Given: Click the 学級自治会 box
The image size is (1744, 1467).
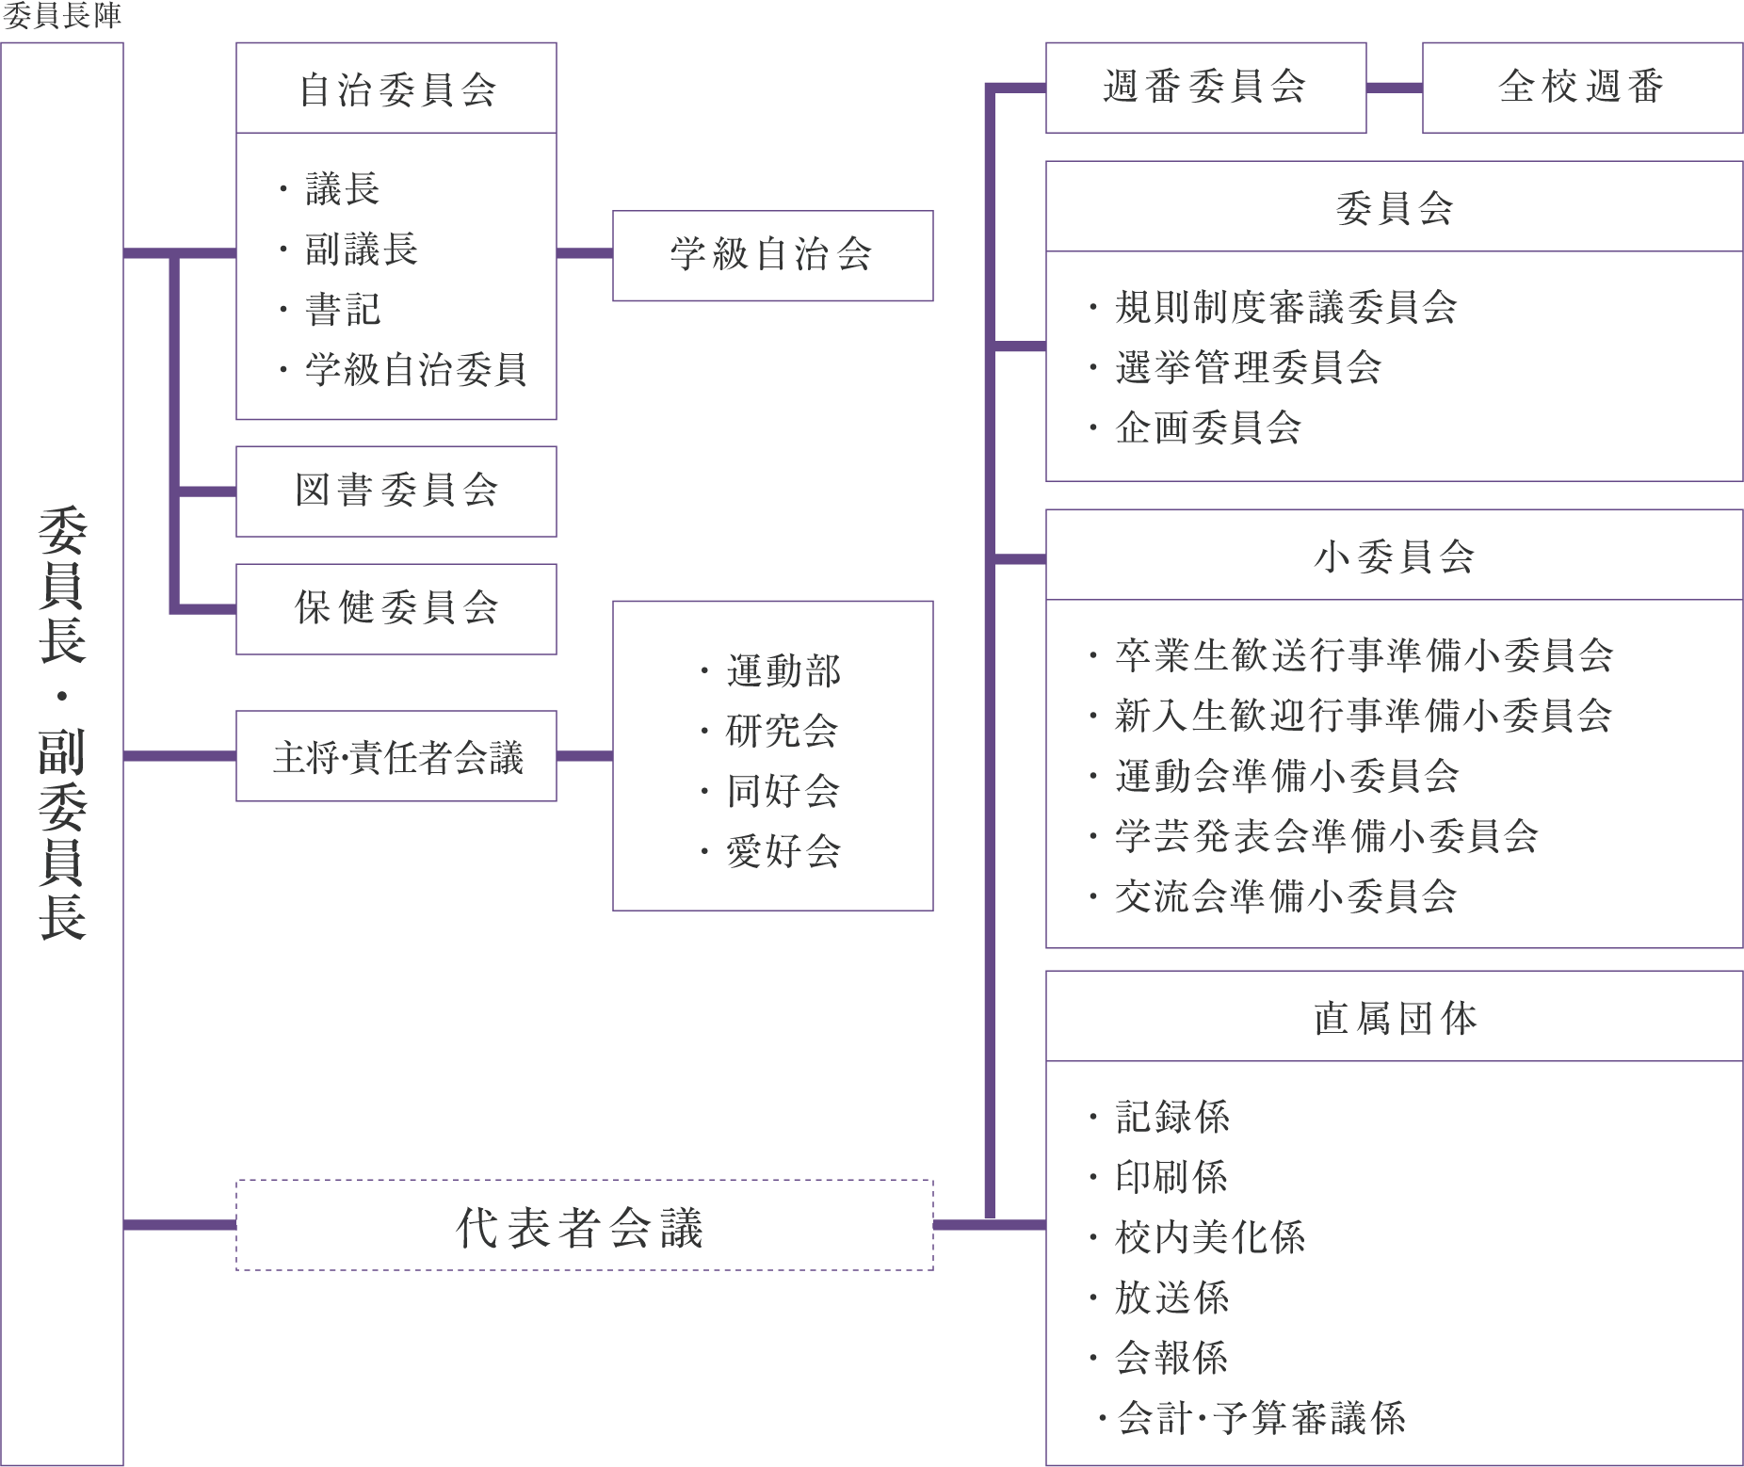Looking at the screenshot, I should (x=772, y=255).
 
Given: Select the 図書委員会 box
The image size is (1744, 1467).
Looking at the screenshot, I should (x=396, y=491).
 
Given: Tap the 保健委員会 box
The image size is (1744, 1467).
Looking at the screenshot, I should (x=396, y=608).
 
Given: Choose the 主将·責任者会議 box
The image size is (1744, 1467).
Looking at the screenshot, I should (x=396, y=756).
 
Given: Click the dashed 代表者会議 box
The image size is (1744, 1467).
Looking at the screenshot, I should (x=584, y=1226).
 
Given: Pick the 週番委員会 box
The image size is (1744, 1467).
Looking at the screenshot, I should (x=1205, y=88).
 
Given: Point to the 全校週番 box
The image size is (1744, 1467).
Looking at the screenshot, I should (x=1582, y=88).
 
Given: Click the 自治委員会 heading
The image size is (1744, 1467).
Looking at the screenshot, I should (x=396, y=89).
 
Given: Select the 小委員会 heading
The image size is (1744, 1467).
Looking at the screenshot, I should (x=1394, y=556).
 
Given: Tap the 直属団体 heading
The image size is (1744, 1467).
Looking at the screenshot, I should (x=1394, y=1018).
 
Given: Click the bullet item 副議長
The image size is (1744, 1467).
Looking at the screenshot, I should (x=361, y=250).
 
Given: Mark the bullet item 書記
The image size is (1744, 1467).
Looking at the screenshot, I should (x=342, y=310).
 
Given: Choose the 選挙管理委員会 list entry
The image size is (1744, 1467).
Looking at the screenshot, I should (x=1247, y=367).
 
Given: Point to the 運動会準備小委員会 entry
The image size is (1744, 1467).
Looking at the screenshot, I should (x=1286, y=776).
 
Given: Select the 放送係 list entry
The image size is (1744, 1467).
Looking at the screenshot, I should (x=1171, y=1298).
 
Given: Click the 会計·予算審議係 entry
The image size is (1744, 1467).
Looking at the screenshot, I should (x=1260, y=1418).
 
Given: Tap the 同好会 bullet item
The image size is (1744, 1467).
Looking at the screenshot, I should (x=782, y=791).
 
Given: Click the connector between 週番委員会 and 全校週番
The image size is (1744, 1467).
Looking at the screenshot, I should (x=1394, y=89).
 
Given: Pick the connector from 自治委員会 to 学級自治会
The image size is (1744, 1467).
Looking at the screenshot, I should (x=584, y=253).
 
